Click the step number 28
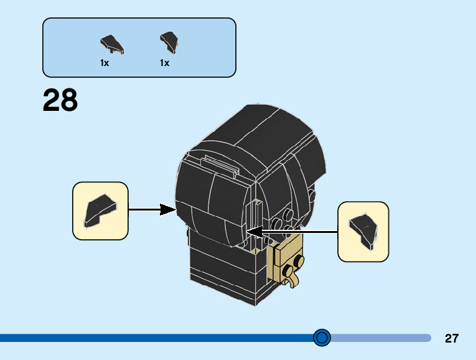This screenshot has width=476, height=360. (60, 100)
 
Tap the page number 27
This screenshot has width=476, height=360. (452, 339)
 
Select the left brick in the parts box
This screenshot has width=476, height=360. (111, 44)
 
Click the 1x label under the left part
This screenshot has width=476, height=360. (105, 63)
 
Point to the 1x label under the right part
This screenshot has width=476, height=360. (164, 63)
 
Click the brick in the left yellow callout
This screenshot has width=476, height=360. (99, 210)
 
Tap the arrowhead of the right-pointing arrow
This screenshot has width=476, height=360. (169, 209)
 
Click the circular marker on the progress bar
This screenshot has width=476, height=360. (322, 338)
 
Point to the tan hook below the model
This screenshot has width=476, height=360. (291, 280)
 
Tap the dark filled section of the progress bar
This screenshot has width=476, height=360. (156, 338)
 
